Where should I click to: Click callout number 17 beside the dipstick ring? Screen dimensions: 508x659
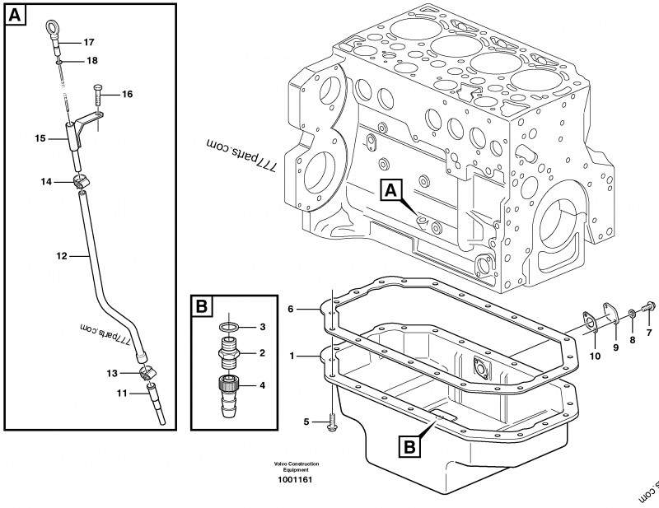89,42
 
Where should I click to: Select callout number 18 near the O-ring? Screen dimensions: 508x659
91,60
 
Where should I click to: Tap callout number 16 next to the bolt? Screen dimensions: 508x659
127,95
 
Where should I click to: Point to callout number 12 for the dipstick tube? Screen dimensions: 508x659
61,256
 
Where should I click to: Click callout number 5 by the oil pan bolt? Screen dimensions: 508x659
306,422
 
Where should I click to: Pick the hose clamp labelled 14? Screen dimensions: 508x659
82,181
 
